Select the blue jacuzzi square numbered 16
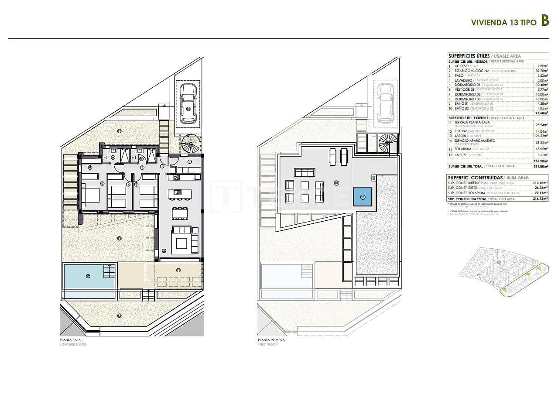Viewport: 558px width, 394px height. (x=363, y=197)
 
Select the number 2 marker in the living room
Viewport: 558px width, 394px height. (x=164, y=250)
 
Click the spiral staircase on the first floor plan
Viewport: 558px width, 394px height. (x=388, y=143)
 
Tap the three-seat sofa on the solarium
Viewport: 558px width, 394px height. (x=305, y=172)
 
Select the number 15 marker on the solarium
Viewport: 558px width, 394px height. (x=336, y=183)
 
